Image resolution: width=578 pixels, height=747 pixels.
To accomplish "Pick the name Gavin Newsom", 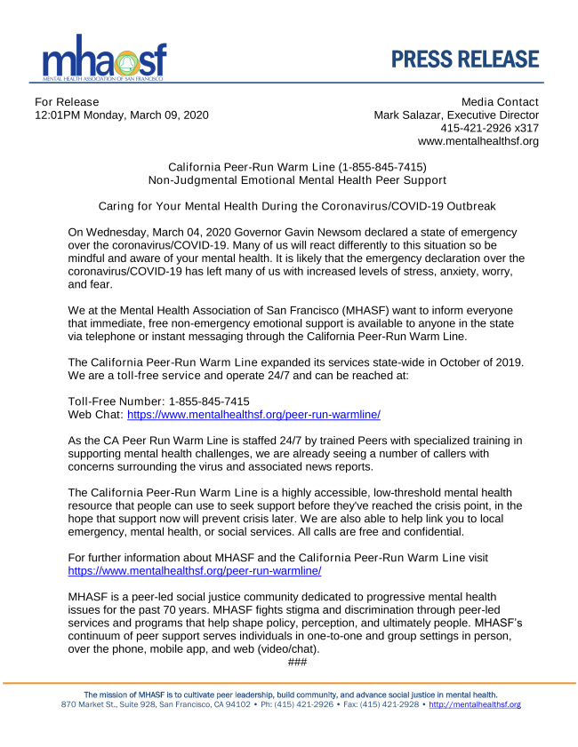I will (285, 233).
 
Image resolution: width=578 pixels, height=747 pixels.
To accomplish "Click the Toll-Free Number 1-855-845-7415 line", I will (158, 401).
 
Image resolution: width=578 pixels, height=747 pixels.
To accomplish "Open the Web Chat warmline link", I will (254, 415).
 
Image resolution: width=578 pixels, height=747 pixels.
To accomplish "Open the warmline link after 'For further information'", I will (195, 571).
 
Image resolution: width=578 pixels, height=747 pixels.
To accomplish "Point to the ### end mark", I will (298, 663).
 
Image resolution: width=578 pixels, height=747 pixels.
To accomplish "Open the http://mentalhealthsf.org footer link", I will (475, 704).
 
